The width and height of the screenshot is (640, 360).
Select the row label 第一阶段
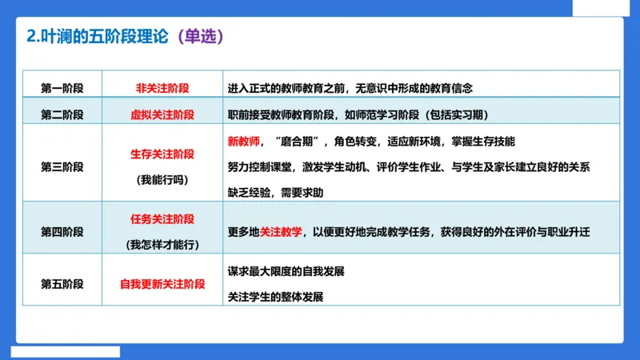62,87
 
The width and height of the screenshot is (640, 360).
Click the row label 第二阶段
62,114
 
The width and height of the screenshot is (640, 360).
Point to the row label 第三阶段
62,167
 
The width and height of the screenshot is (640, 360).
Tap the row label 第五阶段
62,284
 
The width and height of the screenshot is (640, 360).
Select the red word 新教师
243,141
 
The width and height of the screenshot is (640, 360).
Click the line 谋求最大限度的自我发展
286,271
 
